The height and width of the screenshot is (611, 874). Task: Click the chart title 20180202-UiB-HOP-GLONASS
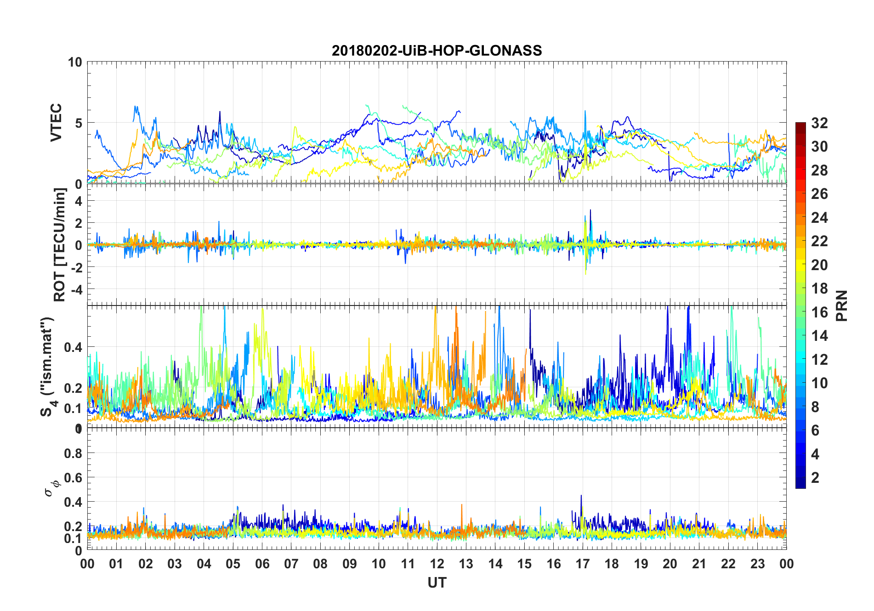[437, 51]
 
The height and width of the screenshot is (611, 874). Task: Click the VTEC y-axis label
[56, 123]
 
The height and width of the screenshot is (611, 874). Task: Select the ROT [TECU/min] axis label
[59, 244]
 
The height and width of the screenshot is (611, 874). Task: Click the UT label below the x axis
[437, 583]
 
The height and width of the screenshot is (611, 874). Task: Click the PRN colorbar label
[842, 305]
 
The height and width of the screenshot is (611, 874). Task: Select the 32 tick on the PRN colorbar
[819, 123]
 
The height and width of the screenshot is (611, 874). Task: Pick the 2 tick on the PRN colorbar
[815, 478]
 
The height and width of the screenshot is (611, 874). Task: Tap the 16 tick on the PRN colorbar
[819, 312]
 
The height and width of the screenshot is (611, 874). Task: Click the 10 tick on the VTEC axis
[75, 62]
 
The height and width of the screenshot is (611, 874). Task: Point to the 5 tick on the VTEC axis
[78, 123]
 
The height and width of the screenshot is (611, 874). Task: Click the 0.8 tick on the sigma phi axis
[74, 453]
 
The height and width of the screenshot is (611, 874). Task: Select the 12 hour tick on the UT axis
[437, 564]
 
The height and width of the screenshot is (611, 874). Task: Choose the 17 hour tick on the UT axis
[583, 564]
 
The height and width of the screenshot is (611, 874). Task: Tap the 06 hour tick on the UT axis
[262, 564]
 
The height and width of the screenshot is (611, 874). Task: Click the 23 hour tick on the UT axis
[757, 564]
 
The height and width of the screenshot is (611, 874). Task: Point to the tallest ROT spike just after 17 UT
[590, 210]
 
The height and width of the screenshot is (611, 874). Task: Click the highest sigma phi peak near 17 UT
[581, 496]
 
